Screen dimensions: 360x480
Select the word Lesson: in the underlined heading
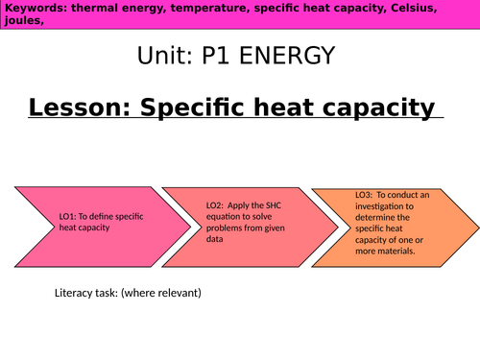point(80,108)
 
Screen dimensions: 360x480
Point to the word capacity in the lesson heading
point(380,108)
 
